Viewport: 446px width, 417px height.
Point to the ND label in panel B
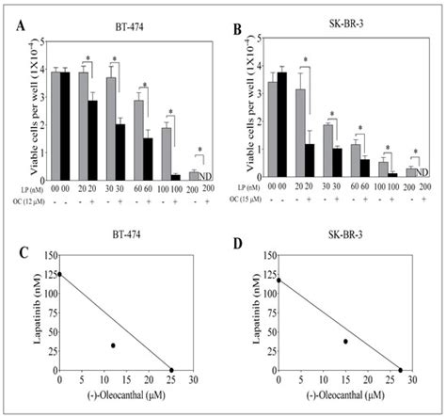422,172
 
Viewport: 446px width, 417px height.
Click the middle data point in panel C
113,345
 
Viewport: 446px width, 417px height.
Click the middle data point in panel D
345,342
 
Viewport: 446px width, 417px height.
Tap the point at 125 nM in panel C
61,275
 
